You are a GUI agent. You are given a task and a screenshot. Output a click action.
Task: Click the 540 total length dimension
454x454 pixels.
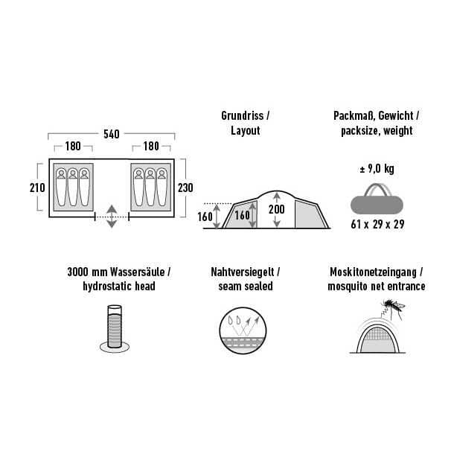tap(112, 134)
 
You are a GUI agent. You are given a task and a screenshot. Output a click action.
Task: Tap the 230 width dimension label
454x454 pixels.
tap(185, 188)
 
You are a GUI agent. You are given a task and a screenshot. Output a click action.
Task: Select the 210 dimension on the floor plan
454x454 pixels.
tap(37, 188)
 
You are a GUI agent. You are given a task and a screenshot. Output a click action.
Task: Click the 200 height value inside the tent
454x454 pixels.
tap(277, 209)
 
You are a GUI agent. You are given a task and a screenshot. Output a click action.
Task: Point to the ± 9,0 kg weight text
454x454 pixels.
tap(377, 169)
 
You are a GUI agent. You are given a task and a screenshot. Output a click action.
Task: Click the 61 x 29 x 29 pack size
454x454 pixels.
tap(377, 224)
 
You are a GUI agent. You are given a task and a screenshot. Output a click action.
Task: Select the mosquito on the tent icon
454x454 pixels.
tap(394, 309)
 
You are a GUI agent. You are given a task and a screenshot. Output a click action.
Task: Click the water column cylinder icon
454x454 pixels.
tap(115, 329)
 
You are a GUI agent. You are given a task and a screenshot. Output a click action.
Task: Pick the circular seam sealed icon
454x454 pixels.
tap(243, 330)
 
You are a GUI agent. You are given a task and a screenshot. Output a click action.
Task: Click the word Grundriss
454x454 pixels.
tap(243, 116)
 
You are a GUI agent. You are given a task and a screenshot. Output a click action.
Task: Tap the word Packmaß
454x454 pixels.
tap(354, 116)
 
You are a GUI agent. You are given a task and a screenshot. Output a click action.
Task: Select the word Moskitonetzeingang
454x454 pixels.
tap(373, 272)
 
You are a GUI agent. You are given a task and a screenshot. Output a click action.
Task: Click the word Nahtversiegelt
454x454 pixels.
tap(243, 272)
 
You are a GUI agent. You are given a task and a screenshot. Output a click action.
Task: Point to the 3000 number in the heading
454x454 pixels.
tap(78, 272)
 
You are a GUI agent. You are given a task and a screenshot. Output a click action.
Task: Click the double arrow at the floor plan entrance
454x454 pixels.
tap(112, 217)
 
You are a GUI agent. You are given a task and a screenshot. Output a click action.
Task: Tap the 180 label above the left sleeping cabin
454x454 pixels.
tap(73, 146)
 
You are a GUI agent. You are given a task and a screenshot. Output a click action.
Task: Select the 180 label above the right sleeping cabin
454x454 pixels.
tap(151, 146)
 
